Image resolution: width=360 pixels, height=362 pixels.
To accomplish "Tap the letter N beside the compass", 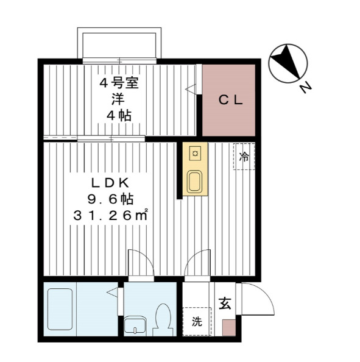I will [306, 87].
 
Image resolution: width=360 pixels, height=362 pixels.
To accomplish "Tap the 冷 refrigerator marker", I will [244, 157].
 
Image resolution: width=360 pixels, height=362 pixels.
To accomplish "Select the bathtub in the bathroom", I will [60, 308].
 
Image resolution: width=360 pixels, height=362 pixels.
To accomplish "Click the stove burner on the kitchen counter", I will [195, 153].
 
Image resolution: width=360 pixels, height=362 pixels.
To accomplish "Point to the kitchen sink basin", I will [195, 182].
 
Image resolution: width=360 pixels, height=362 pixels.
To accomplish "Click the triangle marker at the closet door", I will [191, 89].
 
